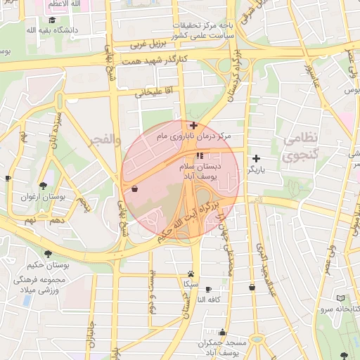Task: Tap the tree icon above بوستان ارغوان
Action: click(44, 186)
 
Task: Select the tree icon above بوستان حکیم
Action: click(48, 254)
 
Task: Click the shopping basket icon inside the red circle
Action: click(134, 188)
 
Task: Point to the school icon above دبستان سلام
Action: click(200, 155)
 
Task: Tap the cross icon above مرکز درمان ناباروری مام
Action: click(193, 125)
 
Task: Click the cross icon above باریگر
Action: click(256, 158)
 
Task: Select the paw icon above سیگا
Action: click(191, 274)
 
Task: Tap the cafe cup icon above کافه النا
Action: click(208, 288)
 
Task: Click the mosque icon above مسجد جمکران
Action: click(223, 332)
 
